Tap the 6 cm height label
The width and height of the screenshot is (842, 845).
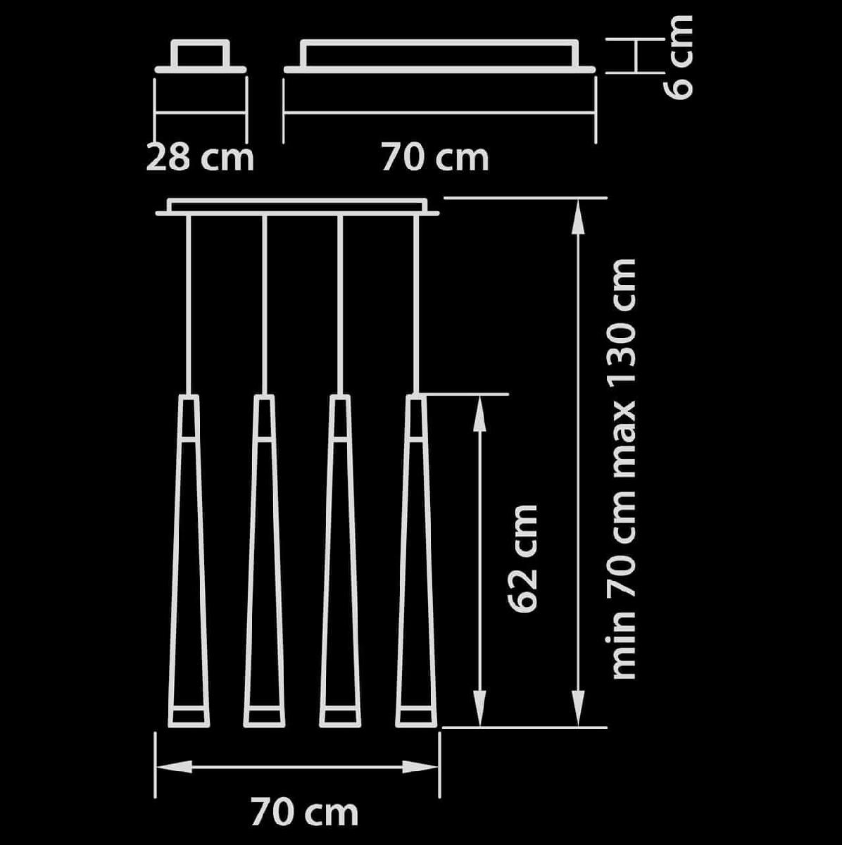[x=677, y=58]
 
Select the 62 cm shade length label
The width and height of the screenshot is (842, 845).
[x=522, y=559]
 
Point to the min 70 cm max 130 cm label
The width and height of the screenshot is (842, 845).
[x=623, y=469]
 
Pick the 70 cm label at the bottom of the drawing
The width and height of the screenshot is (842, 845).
[x=305, y=813]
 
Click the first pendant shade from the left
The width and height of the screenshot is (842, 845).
[x=189, y=561]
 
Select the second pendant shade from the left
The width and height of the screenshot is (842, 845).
[x=265, y=561]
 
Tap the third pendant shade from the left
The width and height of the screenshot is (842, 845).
[x=340, y=561]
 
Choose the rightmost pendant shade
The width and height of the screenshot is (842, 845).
[x=416, y=561]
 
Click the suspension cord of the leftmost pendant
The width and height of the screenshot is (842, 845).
[x=189, y=305]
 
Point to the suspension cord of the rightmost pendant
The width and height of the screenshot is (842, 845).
[x=416, y=305]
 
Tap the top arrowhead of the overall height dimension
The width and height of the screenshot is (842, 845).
[x=579, y=217]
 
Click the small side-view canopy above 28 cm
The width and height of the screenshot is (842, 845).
[x=201, y=56]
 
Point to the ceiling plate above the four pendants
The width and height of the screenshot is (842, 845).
[x=297, y=207]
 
